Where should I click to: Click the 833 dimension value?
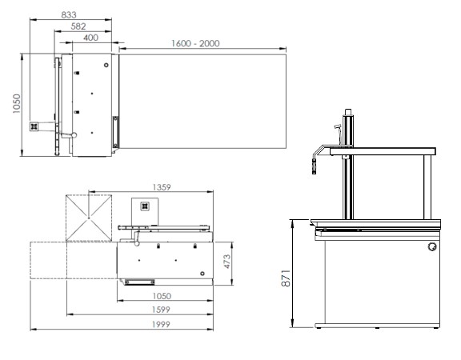[x=69, y=14]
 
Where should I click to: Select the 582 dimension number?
[x=78, y=26]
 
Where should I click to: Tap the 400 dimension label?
[x=91, y=38]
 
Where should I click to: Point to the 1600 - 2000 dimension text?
[x=195, y=43]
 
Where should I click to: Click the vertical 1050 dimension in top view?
[x=17, y=103]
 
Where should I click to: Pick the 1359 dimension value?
[x=162, y=187]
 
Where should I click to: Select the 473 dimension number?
[x=227, y=262]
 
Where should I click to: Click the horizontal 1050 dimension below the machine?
[x=162, y=296]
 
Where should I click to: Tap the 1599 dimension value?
[x=161, y=310]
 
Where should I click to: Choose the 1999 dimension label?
[x=161, y=325]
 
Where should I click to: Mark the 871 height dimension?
[x=286, y=278]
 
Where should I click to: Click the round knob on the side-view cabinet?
[x=432, y=247]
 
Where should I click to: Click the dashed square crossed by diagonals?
[x=89, y=218]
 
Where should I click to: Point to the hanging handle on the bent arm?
[x=314, y=166]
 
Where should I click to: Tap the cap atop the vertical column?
[x=348, y=112]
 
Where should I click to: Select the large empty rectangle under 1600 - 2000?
[x=202, y=101]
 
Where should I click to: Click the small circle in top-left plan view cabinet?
[x=106, y=65]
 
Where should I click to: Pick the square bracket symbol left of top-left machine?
[x=34, y=126]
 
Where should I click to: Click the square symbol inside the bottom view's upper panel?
[x=145, y=206]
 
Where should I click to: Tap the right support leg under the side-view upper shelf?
[x=427, y=187]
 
